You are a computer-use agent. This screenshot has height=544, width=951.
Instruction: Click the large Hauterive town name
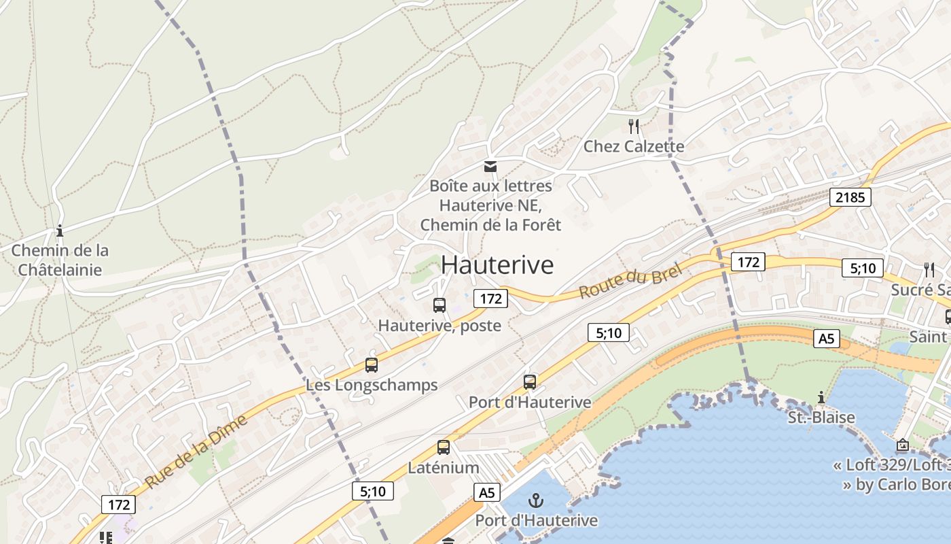pyautogui.click(x=497, y=265)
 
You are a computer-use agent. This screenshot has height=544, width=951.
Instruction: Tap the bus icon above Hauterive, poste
pyautogui.click(x=439, y=305)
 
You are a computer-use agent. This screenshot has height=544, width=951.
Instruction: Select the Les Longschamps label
pyautogui.click(x=372, y=385)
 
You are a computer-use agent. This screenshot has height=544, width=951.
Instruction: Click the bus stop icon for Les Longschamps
pyautogui.click(x=371, y=365)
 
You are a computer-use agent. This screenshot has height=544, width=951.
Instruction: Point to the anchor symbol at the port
pyautogui.click(x=537, y=501)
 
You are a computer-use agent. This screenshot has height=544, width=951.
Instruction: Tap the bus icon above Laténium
pyautogui.click(x=444, y=447)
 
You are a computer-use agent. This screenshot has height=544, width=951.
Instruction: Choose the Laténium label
pyautogui.click(x=444, y=468)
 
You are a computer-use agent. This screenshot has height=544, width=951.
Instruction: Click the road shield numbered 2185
pyautogui.click(x=850, y=198)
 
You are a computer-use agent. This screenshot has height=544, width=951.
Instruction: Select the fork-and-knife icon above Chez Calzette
pyautogui.click(x=634, y=126)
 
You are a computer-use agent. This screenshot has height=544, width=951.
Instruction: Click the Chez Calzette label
pyautogui.click(x=634, y=146)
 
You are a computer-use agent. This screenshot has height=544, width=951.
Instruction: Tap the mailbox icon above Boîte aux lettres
pyautogui.click(x=490, y=166)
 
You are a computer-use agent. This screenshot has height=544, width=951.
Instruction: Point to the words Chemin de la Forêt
pyautogui.click(x=490, y=224)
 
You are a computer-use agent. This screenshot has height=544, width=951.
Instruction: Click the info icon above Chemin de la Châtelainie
pyautogui.click(x=60, y=231)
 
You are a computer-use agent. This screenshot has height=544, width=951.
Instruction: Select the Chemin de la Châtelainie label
pyautogui.click(x=60, y=260)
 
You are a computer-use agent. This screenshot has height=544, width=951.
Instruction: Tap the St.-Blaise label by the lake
pyautogui.click(x=821, y=417)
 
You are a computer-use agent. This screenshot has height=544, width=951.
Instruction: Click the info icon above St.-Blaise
pyautogui.click(x=821, y=397)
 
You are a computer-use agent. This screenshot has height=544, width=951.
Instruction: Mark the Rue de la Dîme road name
pyautogui.click(x=196, y=451)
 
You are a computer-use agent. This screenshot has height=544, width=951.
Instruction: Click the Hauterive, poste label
pyautogui.click(x=439, y=326)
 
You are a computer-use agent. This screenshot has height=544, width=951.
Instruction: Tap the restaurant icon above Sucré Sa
pyautogui.click(x=929, y=269)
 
